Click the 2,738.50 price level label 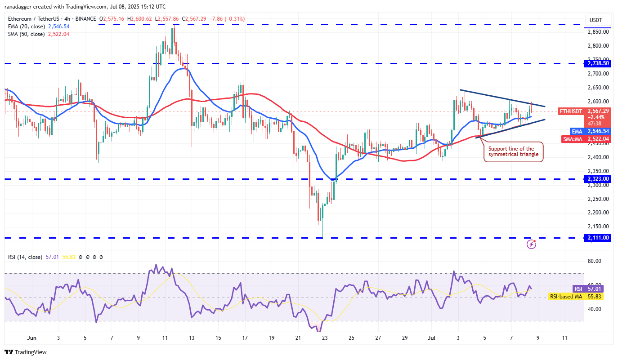pos(597,63)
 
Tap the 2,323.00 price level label pos(597,179)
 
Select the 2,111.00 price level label pos(597,238)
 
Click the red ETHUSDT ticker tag pos(570,111)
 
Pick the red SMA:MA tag pos(573,139)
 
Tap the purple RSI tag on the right pos(578,289)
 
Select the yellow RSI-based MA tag pos(565,297)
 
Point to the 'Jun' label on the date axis pos(31,338)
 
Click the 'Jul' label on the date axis pos(431,338)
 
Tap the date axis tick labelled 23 pos(325,338)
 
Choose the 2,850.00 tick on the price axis pos(598,32)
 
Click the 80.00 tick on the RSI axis pos(595,261)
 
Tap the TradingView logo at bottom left pos(26,352)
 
